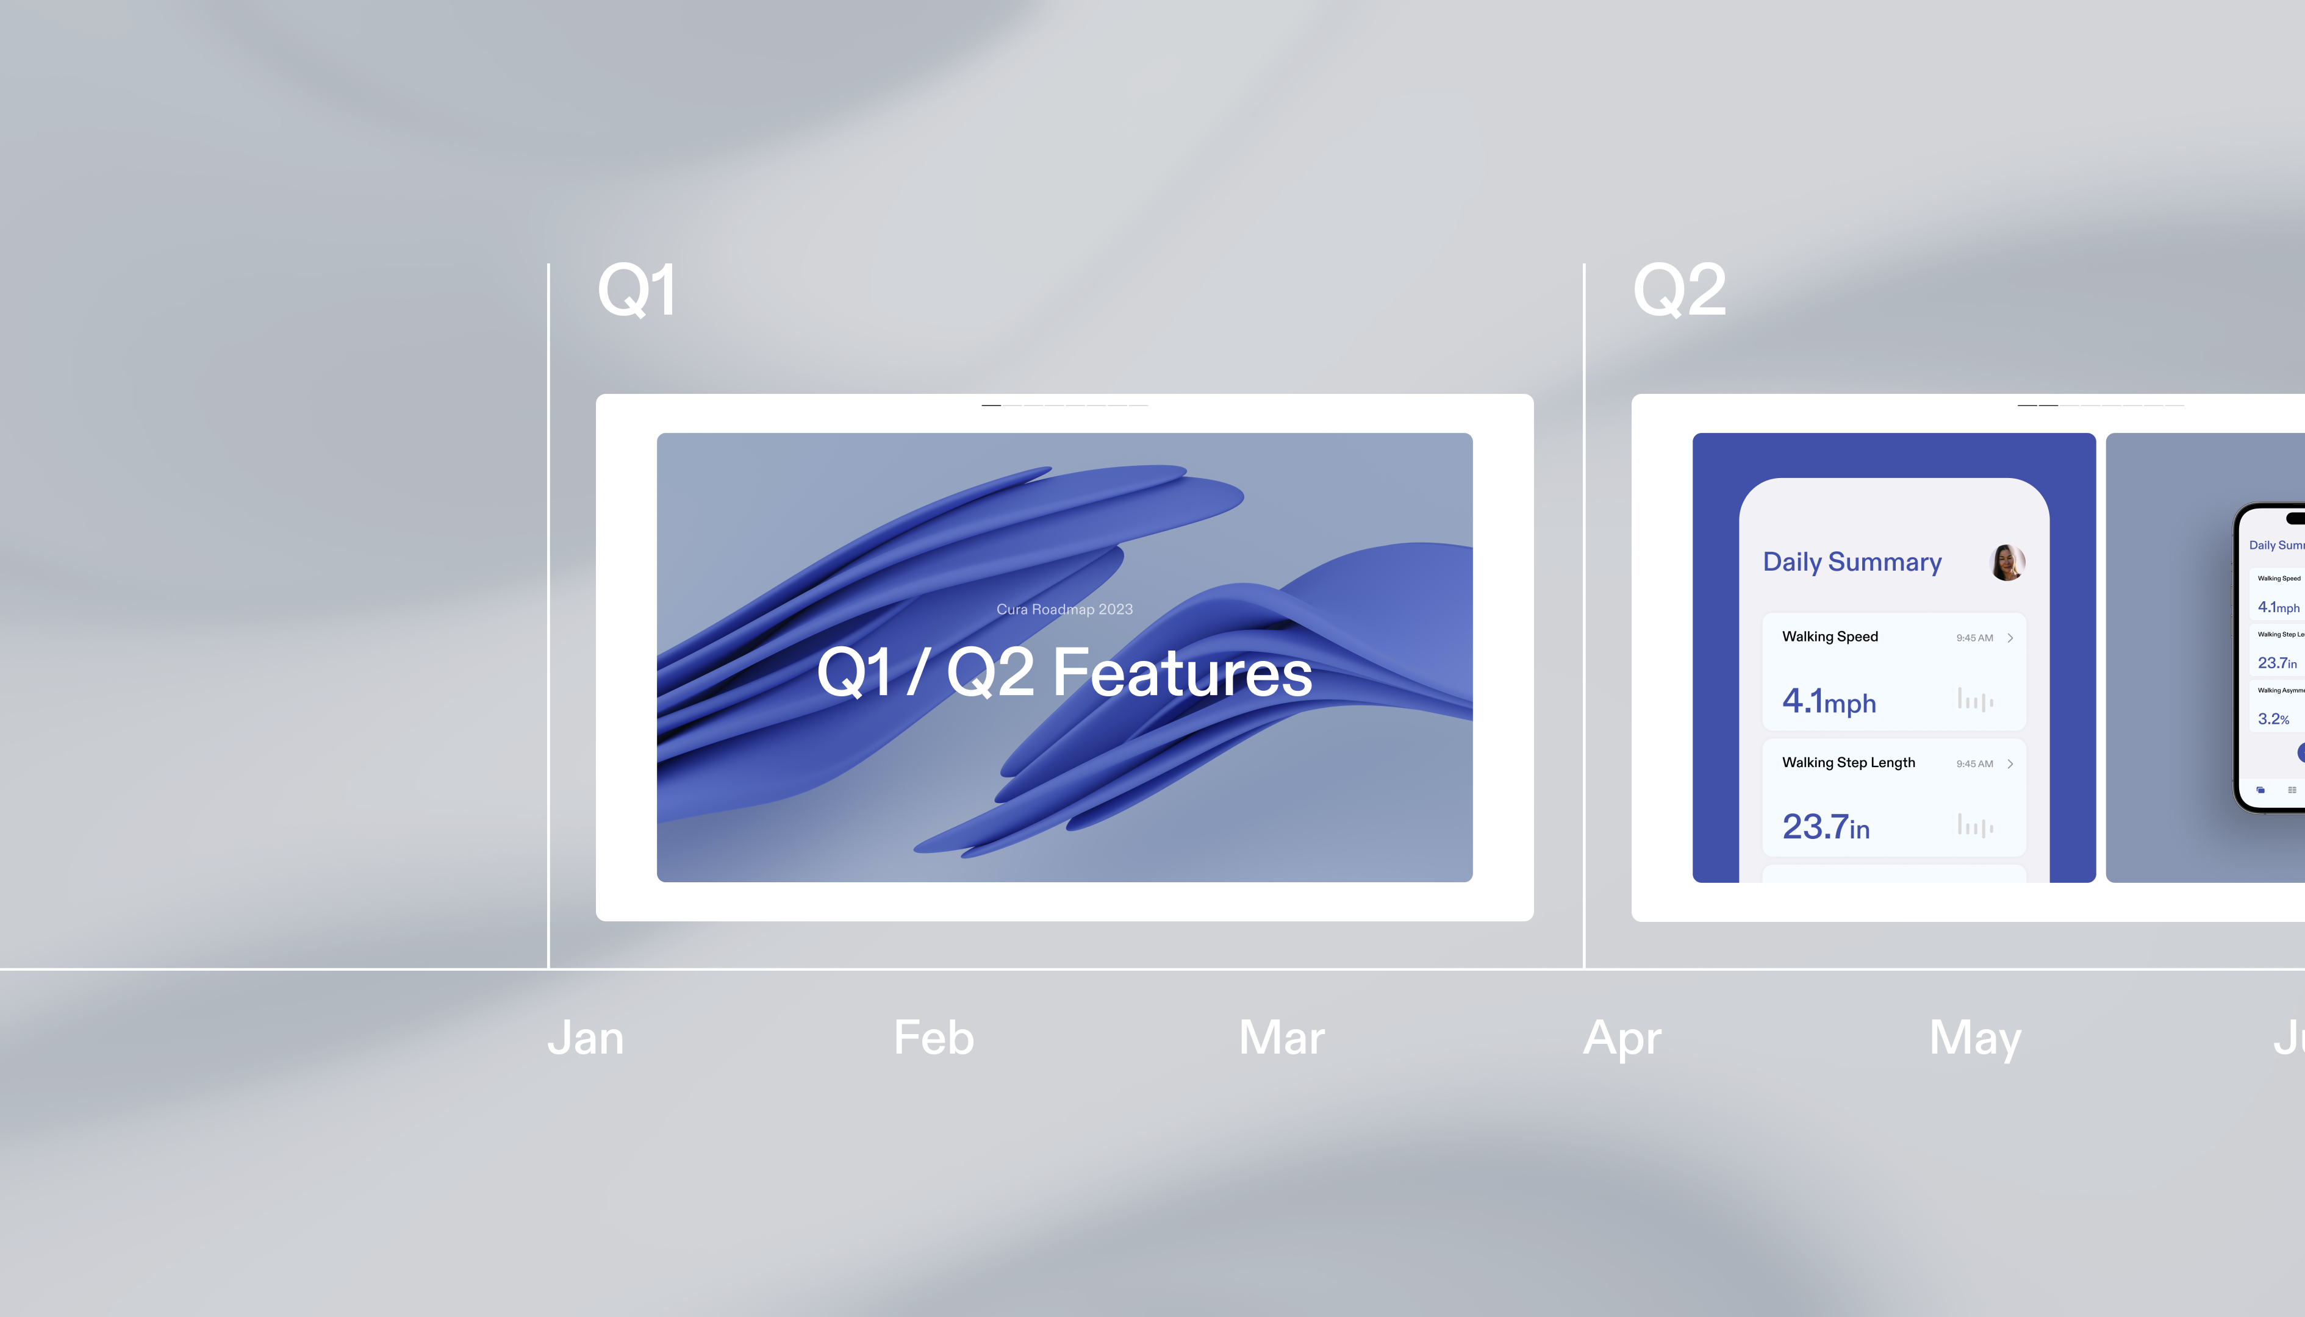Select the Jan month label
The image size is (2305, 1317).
pyautogui.click(x=586, y=1038)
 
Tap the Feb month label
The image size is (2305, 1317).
pyautogui.click(x=934, y=1038)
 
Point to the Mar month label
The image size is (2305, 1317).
pyautogui.click(x=1281, y=1038)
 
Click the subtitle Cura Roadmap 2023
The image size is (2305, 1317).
pyautogui.click(x=1064, y=610)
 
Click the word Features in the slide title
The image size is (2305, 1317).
pyautogui.click(x=1182, y=673)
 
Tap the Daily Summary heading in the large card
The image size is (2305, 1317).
pyautogui.click(x=1852, y=563)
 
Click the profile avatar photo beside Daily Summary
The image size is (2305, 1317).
pyautogui.click(x=2007, y=563)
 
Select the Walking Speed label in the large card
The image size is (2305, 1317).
pyautogui.click(x=1829, y=637)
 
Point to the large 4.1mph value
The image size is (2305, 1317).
pyautogui.click(x=1828, y=702)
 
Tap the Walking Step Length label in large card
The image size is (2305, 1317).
pyautogui.click(x=1848, y=763)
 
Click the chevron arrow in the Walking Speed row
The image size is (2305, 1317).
pyautogui.click(x=2010, y=638)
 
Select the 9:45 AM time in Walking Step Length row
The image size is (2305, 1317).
pyautogui.click(x=1974, y=765)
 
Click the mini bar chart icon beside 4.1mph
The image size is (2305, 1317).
pyautogui.click(x=1975, y=699)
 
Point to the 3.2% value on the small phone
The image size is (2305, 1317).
pyautogui.click(x=2273, y=719)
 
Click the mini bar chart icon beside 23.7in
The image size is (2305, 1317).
pyautogui.click(x=1975, y=825)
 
